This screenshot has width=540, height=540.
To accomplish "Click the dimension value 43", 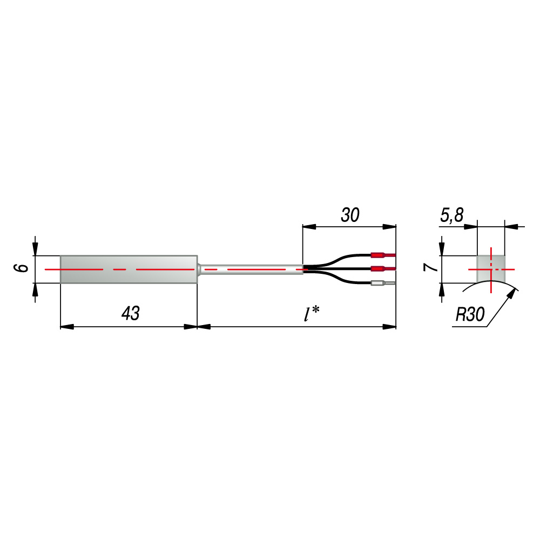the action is [x=131, y=313].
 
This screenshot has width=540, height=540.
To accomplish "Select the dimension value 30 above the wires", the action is [x=350, y=215].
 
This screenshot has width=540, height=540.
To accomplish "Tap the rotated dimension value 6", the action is [x=21, y=268].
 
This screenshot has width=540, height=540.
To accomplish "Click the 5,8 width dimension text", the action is [x=452, y=215].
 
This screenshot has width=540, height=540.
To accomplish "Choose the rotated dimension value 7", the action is [x=430, y=267].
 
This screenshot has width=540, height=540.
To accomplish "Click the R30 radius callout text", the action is [x=470, y=314].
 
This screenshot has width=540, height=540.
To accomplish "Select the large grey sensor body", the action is [x=129, y=269].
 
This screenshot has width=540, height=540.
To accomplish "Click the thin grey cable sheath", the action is [x=252, y=269].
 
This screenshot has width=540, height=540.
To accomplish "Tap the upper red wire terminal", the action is [x=383, y=255].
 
